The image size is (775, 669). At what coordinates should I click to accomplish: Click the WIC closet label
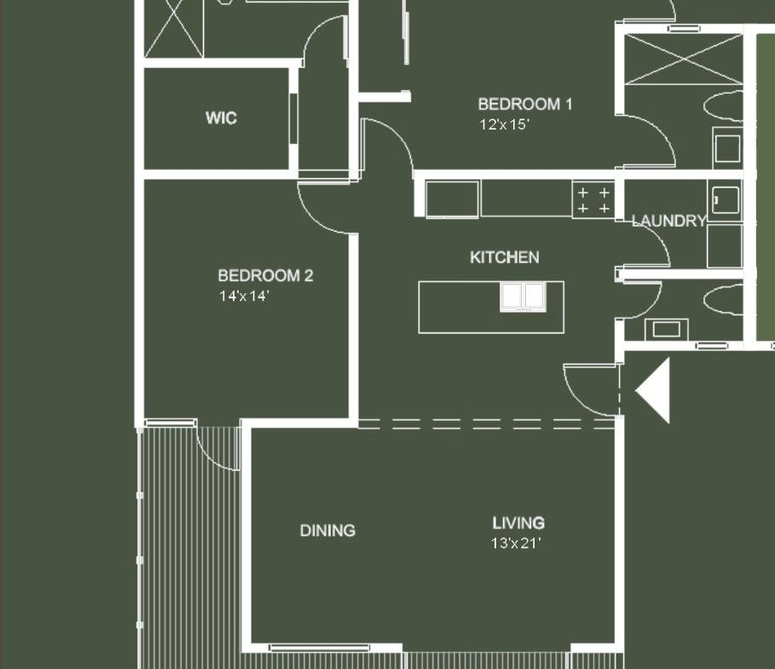click(x=221, y=118)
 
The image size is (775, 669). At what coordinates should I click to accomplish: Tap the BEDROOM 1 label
click(x=525, y=104)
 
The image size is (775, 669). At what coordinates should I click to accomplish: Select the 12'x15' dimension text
click(x=504, y=124)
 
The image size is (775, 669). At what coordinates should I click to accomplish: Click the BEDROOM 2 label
click(x=265, y=275)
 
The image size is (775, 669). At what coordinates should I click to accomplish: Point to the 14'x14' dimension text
click(x=244, y=296)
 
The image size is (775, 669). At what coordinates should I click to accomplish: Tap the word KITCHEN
click(x=504, y=257)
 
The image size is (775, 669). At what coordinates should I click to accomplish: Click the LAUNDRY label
click(x=668, y=221)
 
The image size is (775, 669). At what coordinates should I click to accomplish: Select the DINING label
click(x=327, y=531)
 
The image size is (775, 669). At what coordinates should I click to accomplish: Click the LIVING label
click(x=518, y=522)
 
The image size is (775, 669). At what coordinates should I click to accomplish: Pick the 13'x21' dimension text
click(x=516, y=544)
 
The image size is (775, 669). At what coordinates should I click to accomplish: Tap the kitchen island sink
click(x=523, y=297)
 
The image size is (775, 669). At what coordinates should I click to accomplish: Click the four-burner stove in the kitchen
click(x=593, y=199)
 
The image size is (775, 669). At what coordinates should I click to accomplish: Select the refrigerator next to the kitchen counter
click(x=452, y=199)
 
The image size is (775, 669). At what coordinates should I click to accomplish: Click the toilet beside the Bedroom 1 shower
click(x=723, y=106)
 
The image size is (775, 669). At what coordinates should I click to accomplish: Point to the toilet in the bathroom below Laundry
click(x=723, y=299)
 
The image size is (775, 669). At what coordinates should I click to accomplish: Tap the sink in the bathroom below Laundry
click(x=666, y=329)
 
